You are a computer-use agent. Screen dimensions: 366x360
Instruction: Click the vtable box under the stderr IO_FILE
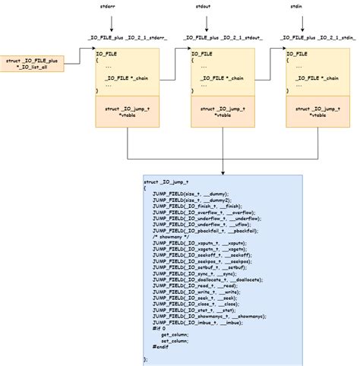coord(126,112)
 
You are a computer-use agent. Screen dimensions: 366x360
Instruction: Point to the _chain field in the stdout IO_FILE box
coord(220,77)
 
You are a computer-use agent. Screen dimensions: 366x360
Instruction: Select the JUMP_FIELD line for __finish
coord(197,207)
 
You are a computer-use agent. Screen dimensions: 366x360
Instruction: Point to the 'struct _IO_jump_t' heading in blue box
coord(166,182)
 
